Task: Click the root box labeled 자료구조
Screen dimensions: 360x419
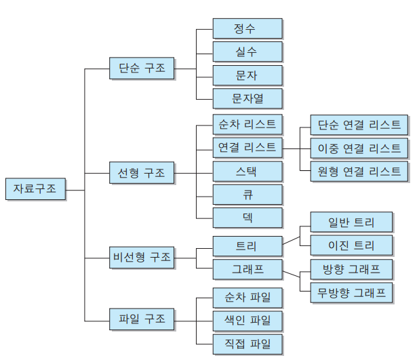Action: [35, 188]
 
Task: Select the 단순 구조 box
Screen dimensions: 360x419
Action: [142, 68]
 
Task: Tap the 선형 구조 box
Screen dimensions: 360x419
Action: [142, 172]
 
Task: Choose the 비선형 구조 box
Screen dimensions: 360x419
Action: [142, 257]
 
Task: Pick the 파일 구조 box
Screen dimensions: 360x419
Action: [142, 318]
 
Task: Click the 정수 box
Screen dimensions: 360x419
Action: [247, 28]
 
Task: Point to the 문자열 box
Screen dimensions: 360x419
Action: [247, 98]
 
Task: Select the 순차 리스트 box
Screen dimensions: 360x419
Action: [247, 125]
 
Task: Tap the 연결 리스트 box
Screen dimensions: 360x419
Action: [247, 147]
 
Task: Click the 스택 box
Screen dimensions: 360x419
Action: [247, 170]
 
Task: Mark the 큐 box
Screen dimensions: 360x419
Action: [247, 194]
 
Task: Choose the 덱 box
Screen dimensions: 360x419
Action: [247, 217]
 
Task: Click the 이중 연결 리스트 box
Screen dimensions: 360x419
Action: [359, 148]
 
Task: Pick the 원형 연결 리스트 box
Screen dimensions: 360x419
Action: [359, 171]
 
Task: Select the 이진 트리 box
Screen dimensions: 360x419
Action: [351, 245]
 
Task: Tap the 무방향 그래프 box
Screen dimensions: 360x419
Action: [351, 293]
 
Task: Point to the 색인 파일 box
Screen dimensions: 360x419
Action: [247, 320]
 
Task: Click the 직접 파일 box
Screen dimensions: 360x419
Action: [247, 343]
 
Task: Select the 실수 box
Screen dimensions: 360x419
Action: [247, 52]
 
